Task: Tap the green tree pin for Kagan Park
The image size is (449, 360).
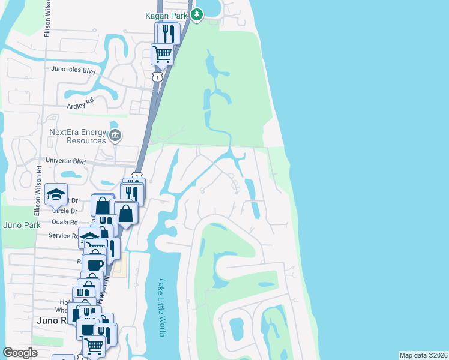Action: pyautogui.click(x=197, y=14)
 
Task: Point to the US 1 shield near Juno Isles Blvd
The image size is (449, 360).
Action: pyautogui.click(x=157, y=77)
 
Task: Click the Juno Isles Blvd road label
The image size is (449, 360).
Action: pyautogui.click(x=74, y=70)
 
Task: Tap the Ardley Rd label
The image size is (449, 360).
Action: pyautogui.click(x=82, y=103)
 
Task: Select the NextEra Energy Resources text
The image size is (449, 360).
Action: pyautogui.click(x=77, y=136)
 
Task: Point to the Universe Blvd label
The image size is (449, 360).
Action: pyautogui.click(x=67, y=162)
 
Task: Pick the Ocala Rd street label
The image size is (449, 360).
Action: pyautogui.click(x=65, y=222)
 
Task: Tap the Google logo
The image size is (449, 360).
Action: pyautogui.click(x=20, y=352)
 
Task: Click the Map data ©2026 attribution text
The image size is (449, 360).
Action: pyautogui.click(x=423, y=355)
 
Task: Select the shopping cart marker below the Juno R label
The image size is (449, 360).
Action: pyautogui.click(x=94, y=345)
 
